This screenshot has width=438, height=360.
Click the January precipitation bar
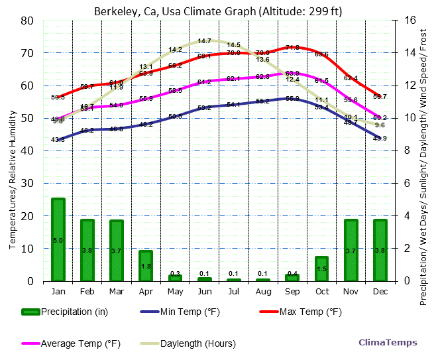(x=58, y=239)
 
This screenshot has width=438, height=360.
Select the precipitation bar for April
(x=146, y=265)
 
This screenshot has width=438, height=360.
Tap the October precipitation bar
(x=321, y=269)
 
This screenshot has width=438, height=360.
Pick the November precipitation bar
(x=351, y=250)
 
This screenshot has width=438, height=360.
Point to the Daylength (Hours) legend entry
(x=188, y=343)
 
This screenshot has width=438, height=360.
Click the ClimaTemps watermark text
(x=388, y=343)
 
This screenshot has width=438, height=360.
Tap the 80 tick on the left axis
(x=27, y=20)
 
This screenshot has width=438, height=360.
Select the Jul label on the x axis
(x=233, y=291)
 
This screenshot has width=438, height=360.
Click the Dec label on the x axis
(x=380, y=291)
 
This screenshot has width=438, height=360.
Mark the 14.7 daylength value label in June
(x=204, y=41)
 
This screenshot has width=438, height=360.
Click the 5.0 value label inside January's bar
(x=58, y=241)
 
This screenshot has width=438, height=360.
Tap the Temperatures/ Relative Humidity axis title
(x=13, y=151)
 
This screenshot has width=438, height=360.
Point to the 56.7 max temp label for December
(x=380, y=97)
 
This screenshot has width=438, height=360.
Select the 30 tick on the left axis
(x=27, y=183)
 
